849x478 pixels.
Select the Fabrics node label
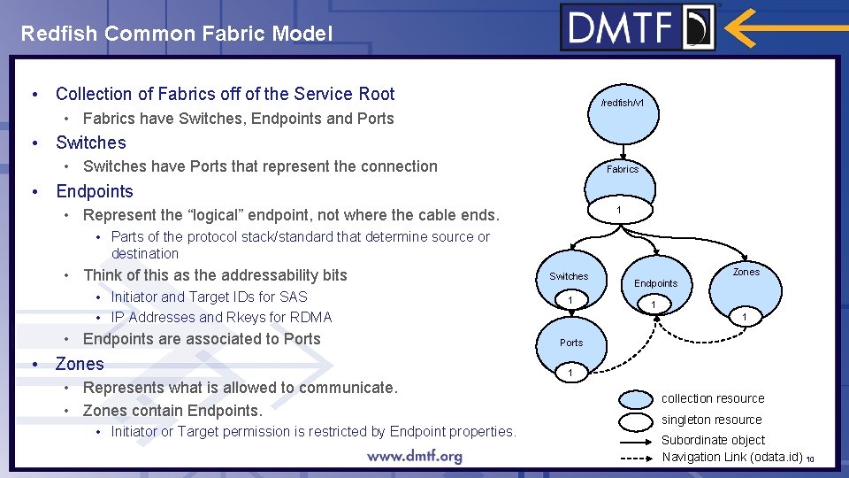[623, 169]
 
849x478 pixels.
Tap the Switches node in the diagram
[569, 276]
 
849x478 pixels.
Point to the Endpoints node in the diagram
[655, 283]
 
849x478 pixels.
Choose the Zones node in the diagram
[746, 272]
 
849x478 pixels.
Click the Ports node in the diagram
[571, 343]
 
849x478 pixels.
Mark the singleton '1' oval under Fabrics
[619, 210]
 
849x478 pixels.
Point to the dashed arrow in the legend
[627, 458]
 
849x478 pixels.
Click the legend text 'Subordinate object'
[713, 440]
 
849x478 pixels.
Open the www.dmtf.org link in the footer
[415, 457]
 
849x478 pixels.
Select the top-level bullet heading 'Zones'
[80, 364]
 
